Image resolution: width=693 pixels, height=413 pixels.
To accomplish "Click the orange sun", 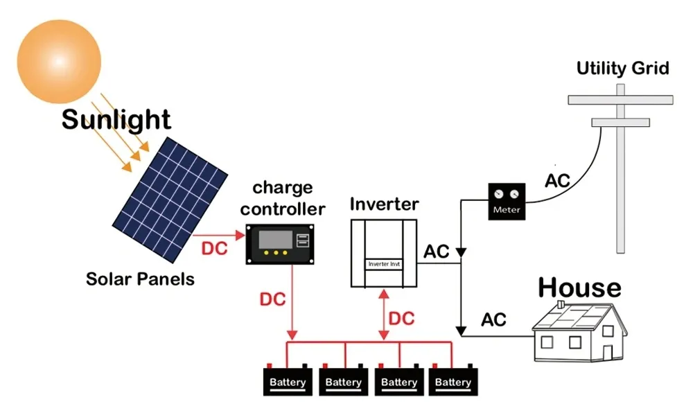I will point(58,61).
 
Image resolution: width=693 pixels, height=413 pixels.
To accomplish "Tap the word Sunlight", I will point(116,120).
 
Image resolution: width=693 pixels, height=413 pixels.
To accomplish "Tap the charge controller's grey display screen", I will point(275,241).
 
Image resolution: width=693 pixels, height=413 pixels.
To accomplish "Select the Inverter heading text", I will point(384,204).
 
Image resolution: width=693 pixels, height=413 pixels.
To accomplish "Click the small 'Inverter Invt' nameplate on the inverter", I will point(385,265).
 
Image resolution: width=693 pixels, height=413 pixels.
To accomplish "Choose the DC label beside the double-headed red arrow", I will point(401,319).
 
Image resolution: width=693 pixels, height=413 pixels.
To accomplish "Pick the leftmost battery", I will point(288,381).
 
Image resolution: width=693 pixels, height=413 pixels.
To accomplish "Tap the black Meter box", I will point(507,202).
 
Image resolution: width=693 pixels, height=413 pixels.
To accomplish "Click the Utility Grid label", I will point(622,69).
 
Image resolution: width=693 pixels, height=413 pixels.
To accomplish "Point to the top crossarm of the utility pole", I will point(620,100).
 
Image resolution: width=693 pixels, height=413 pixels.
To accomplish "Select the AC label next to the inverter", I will point(437,252).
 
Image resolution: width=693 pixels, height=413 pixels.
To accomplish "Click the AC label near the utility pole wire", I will point(557,182).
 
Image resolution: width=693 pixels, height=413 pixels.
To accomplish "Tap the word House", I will point(579,287).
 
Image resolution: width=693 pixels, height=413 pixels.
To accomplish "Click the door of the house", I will point(608,352).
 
